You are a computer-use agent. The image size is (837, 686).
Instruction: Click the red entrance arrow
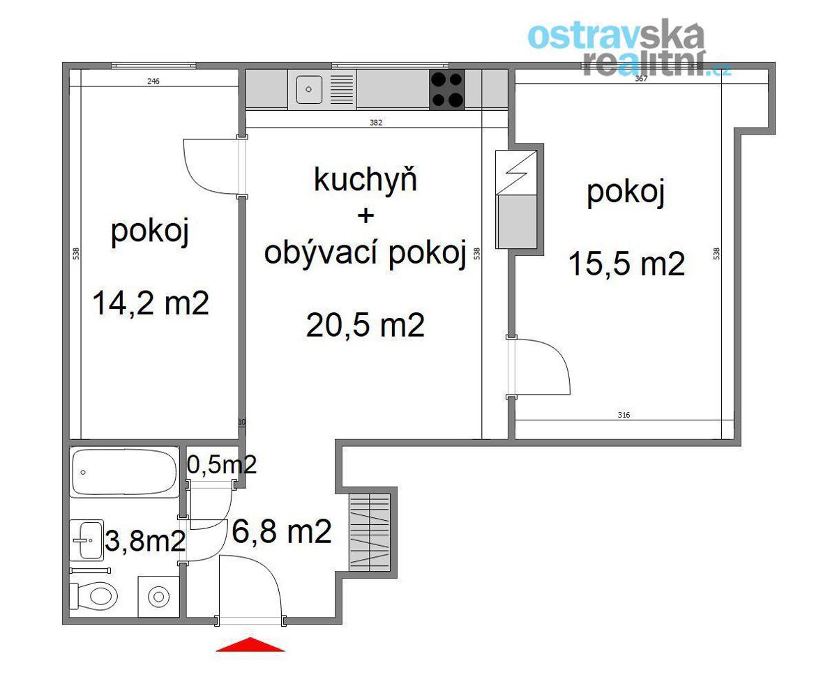[250, 644]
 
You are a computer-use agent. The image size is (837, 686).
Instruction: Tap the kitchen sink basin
[309, 89]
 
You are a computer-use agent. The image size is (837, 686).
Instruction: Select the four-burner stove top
[447, 89]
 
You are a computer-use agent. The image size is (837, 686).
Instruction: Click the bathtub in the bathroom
[125, 472]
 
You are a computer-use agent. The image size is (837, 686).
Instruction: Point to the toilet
[94, 595]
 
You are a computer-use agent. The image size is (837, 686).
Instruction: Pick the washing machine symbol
[158, 596]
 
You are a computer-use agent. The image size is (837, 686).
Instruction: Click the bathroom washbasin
[87, 540]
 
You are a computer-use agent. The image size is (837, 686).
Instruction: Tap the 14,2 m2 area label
[151, 303]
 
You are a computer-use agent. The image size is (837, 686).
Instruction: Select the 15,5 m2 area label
[626, 264]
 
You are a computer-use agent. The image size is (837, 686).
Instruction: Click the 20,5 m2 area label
[365, 325]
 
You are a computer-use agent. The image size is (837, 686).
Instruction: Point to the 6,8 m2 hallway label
[281, 532]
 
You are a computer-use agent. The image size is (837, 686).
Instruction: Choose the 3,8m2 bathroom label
[145, 540]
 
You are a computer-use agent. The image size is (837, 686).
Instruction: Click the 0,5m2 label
[221, 464]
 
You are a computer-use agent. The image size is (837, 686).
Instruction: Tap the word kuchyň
[365, 179]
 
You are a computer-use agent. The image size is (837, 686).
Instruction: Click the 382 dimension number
[376, 123]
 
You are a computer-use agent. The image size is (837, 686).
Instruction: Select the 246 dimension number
[153, 82]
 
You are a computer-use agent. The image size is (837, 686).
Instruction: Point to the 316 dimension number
[624, 415]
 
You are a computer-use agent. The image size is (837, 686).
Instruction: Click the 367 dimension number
[641, 79]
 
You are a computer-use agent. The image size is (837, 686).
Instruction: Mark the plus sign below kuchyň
[365, 216]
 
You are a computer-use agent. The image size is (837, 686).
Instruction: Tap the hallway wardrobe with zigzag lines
[370, 533]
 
